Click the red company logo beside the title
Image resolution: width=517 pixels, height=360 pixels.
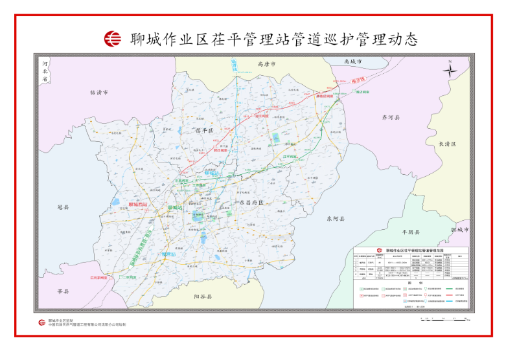113,39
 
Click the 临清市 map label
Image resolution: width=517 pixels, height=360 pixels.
99,93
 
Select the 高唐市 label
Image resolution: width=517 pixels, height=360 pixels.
266,65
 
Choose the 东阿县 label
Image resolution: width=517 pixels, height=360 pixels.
336,219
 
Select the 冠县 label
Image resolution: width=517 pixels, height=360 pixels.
63,208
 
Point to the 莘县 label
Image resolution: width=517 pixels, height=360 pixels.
63,291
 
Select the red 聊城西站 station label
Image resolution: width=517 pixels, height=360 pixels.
137,205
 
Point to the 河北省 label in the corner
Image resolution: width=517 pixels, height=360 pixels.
45,71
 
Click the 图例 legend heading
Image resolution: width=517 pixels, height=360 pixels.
411,282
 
